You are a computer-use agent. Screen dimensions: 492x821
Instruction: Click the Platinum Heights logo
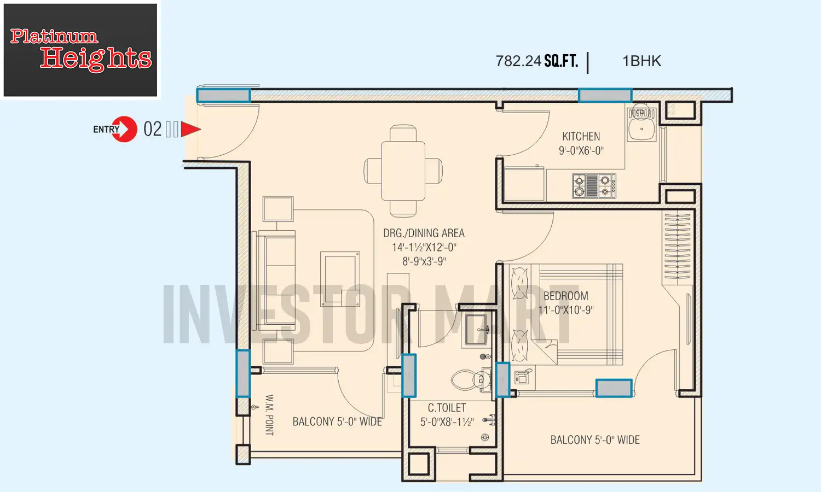(80, 50)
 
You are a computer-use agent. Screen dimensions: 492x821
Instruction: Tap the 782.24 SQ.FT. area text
(536, 61)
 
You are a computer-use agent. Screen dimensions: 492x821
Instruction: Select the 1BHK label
(641, 61)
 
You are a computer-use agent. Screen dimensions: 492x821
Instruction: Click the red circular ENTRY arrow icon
(124, 130)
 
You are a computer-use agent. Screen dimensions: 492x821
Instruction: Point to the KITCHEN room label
(581, 137)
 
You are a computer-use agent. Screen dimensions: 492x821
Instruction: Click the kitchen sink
(641, 126)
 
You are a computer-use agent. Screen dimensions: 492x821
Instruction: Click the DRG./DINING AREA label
(424, 233)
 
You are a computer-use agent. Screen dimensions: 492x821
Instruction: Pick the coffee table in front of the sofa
(340, 279)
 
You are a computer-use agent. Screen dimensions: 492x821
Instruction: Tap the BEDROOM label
(565, 296)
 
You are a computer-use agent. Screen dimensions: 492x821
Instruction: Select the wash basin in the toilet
(478, 330)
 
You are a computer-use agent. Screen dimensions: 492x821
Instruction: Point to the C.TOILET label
(447, 408)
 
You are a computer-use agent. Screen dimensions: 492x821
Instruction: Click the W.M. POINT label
(269, 415)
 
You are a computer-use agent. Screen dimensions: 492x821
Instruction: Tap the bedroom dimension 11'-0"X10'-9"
(565, 310)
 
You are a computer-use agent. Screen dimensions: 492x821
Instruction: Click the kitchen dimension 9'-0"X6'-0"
(581, 151)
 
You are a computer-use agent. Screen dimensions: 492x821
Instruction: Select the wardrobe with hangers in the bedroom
(677, 247)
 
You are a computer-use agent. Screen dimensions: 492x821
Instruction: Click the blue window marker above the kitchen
(605, 95)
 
